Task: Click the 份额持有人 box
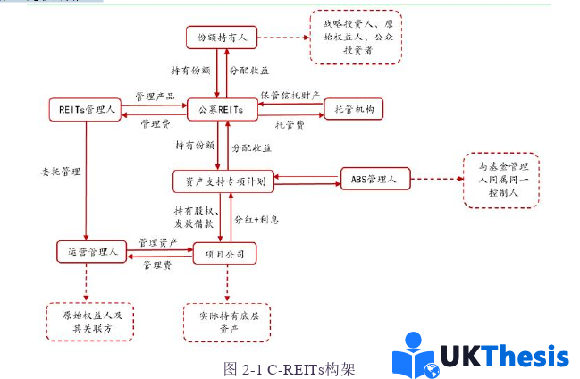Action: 223,37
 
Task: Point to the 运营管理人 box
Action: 88,252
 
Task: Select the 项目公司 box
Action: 225,254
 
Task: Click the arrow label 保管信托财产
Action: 291,95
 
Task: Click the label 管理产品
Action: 155,96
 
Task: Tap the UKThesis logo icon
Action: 417,355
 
